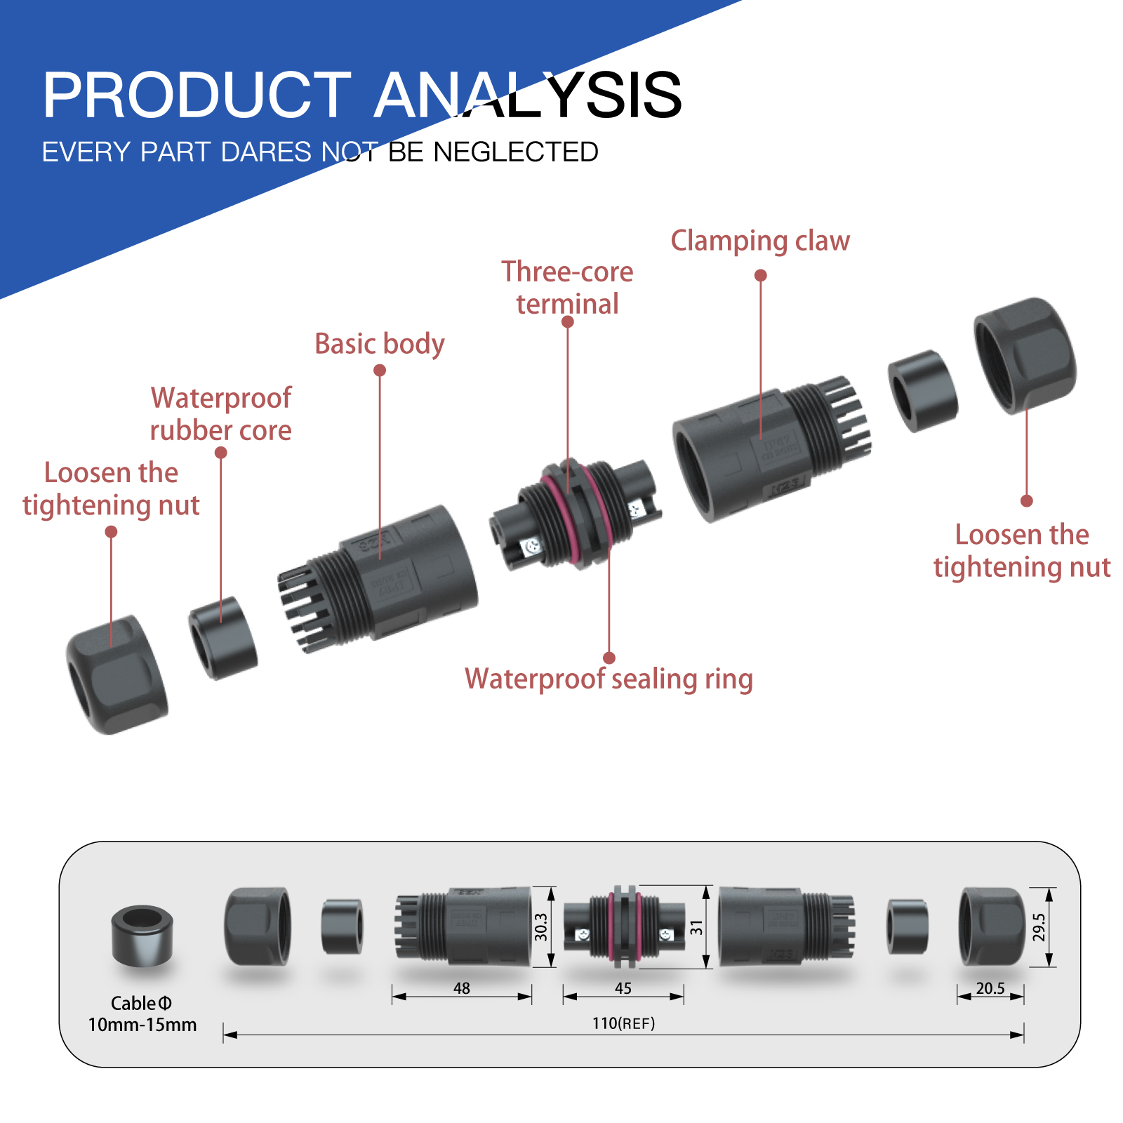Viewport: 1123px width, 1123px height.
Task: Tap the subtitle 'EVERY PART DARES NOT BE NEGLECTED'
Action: coord(320,152)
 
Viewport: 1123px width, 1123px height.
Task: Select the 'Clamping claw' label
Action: coord(759,241)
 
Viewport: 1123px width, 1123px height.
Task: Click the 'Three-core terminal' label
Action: coord(567,288)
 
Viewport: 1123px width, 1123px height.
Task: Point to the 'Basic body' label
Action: coord(379,344)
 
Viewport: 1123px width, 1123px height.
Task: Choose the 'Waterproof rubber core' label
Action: coord(220,414)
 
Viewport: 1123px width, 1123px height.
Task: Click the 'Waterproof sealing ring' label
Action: coord(609,679)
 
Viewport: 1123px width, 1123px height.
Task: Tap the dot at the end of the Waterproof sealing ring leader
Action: coord(609,658)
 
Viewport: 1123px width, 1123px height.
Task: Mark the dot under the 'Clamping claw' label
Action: coord(760,275)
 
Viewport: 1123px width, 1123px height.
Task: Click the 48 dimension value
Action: coord(462,988)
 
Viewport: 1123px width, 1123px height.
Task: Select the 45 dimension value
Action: coord(623,988)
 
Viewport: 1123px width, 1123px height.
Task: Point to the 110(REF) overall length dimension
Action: coord(623,1023)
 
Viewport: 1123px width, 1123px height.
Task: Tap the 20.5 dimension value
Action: coord(990,988)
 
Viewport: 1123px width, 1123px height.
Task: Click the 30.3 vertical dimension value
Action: coord(540,927)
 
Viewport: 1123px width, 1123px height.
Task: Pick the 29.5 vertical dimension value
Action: coord(1039,927)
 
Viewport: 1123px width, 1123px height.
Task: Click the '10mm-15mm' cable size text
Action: coord(142,1025)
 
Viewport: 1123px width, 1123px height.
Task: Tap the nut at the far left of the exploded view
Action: coord(117,675)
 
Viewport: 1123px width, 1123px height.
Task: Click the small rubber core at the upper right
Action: coord(922,390)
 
